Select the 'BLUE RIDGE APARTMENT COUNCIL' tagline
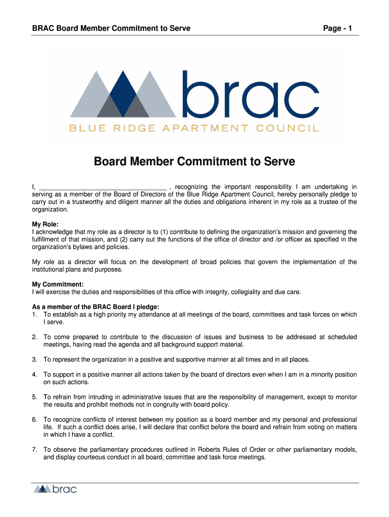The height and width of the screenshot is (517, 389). click(x=194, y=128)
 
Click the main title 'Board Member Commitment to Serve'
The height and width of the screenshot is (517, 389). click(x=194, y=162)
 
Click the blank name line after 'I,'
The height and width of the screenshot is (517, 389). click(x=103, y=187)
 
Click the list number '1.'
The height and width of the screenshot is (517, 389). click(x=35, y=315)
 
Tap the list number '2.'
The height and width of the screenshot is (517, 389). click(x=35, y=337)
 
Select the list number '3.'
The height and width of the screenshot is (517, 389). click(x=35, y=359)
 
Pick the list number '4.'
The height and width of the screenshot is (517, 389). click(x=35, y=375)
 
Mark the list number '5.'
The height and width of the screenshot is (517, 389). click(x=35, y=397)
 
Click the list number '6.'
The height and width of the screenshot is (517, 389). click(x=35, y=420)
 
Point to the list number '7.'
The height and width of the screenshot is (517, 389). click(x=35, y=449)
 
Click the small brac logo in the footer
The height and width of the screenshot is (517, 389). click(x=55, y=489)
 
